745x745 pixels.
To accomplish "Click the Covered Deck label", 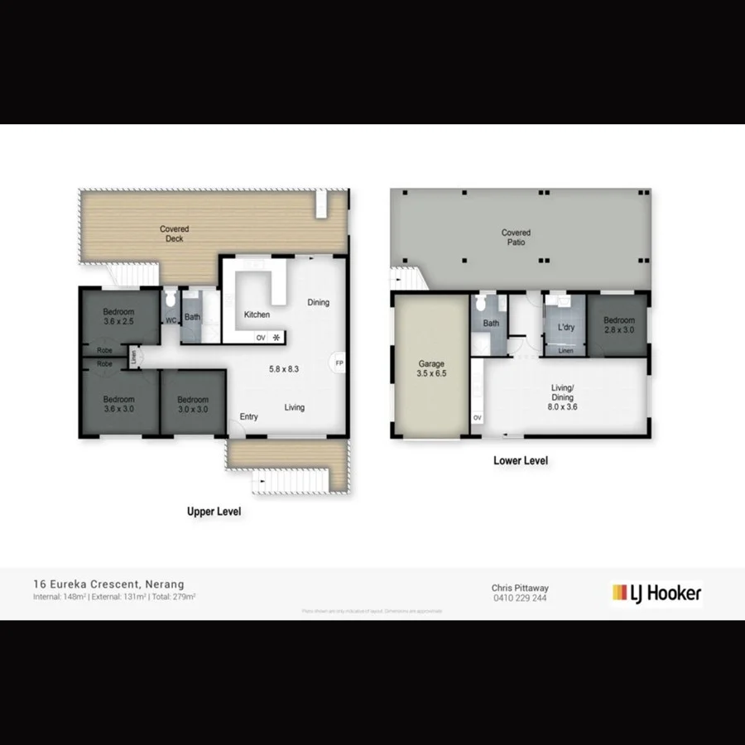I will pyautogui.click(x=174, y=234).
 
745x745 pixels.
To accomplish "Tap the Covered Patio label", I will pyautogui.click(x=516, y=238).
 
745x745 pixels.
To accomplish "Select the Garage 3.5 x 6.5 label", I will pyautogui.click(x=431, y=369).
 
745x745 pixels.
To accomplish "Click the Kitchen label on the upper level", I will pyautogui.click(x=257, y=315).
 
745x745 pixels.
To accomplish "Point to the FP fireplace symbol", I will pyautogui.click(x=339, y=363).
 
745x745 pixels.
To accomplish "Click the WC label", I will pyautogui.click(x=171, y=320).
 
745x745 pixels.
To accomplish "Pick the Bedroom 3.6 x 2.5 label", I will pyautogui.click(x=119, y=316).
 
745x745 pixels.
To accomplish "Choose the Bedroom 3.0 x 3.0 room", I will pyautogui.click(x=193, y=405).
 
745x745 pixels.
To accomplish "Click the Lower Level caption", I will pyautogui.click(x=521, y=461).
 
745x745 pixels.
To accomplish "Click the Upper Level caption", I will pyautogui.click(x=214, y=512).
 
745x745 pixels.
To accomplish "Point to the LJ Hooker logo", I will pyautogui.click(x=656, y=593).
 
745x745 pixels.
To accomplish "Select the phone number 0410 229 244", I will pyautogui.click(x=519, y=598).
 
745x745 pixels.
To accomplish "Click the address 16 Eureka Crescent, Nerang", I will pyautogui.click(x=108, y=584).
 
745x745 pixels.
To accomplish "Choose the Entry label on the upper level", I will pyautogui.click(x=249, y=416).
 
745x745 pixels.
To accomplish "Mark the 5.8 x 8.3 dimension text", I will pyautogui.click(x=283, y=368).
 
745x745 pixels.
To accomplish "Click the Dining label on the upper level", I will pyautogui.click(x=318, y=302).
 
